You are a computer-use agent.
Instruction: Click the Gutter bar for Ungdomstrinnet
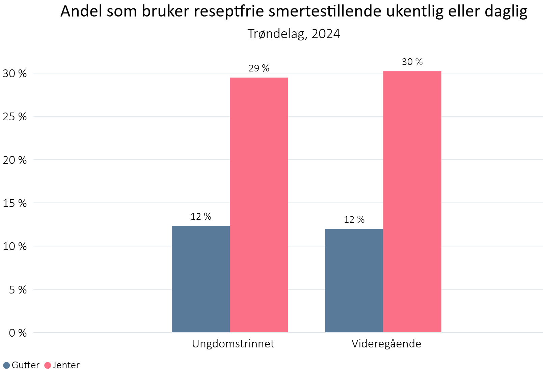[x=201, y=279]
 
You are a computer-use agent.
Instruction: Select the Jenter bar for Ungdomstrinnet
[x=259, y=205]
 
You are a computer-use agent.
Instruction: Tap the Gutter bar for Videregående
[x=354, y=281]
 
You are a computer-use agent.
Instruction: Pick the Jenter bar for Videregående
[x=412, y=202]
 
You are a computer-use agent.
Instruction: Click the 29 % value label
[x=259, y=68]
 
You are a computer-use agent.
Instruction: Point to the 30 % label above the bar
[x=412, y=62]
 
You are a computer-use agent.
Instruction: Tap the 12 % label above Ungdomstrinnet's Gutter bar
[x=201, y=217]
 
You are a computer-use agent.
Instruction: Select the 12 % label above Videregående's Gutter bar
[x=354, y=220]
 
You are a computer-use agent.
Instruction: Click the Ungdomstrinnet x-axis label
[x=233, y=344]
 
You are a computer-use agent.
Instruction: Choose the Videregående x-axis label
[x=386, y=344]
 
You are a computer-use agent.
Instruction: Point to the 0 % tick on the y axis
[x=18, y=333]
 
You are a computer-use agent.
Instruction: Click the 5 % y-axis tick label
[x=18, y=290]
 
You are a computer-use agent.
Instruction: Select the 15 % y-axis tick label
[x=15, y=203]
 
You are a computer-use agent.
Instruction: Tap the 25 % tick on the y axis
[x=15, y=117]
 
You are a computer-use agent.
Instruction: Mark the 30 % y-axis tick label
[x=15, y=73]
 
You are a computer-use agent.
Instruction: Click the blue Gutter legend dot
[x=6, y=365]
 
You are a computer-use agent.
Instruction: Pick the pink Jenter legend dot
[x=48, y=365]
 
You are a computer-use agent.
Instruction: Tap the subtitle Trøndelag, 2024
[x=294, y=34]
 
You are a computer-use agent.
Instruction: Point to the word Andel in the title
[x=80, y=12]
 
